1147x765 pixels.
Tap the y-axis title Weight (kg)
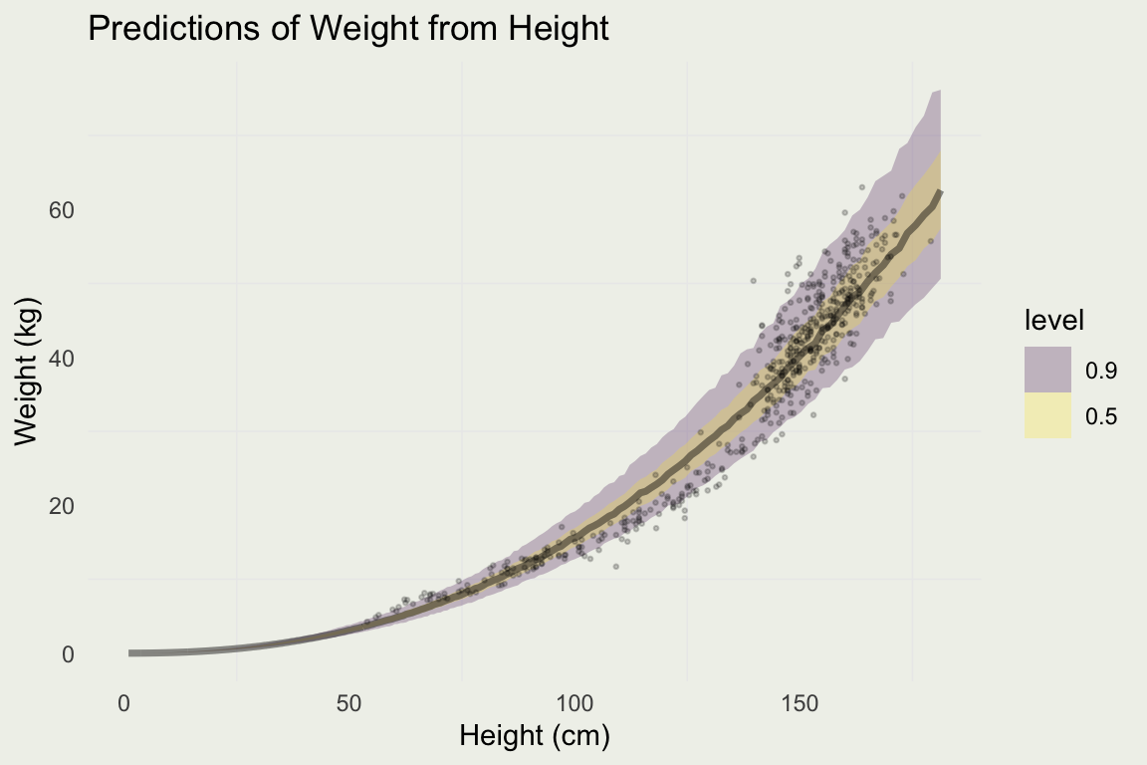[x=27, y=371]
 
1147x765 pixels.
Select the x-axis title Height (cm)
[x=534, y=736]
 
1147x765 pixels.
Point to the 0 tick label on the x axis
[x=124, y=704]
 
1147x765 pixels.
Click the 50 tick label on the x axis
[x=349, y=704]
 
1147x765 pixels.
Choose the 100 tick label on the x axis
[x=574, y=704]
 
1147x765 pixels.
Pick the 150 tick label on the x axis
[x=800, y=704]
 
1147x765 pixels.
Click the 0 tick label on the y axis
[x=69, y=654]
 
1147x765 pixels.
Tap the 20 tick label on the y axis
[x=63, y=506]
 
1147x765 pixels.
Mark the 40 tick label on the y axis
[x=63, y=359]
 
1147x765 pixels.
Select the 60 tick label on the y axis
[x=63, y=210]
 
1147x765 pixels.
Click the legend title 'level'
[x=1053, y=321]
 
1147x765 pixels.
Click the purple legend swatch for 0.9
[x=1047, y=370]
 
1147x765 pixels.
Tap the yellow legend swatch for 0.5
[x=1047, y=415]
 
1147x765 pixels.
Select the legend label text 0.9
[x=1101, y=371]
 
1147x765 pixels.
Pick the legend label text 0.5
[x=1101, y=416]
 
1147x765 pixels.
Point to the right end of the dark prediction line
[x=940, y=192]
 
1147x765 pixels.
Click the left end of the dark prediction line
[x=130, y=653]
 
